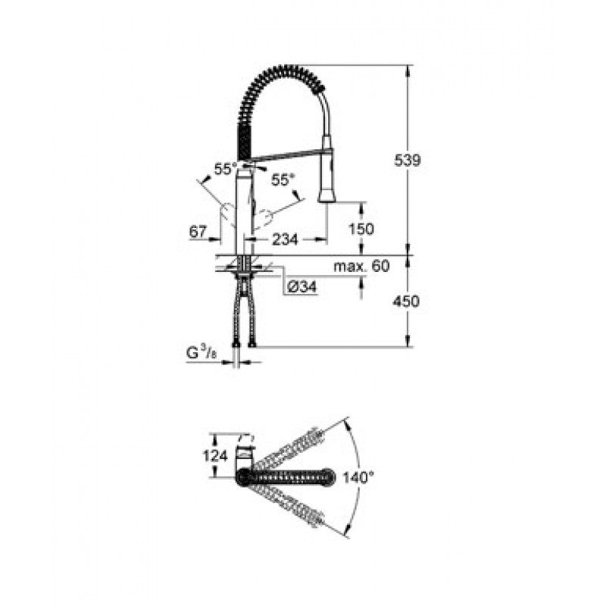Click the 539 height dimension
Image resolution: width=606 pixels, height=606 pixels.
(x=407, y=160)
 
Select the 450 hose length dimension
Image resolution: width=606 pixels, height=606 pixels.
(x=406, y=301)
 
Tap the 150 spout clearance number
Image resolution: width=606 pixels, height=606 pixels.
(x=361, y=230)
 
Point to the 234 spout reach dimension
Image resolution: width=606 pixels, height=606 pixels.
(x=286, y=239)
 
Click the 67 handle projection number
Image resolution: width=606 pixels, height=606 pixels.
(x=198, y=232)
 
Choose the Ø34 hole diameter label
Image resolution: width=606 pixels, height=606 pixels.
(x=302, y=287)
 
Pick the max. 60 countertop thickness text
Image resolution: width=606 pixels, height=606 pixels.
(x=362, y=266)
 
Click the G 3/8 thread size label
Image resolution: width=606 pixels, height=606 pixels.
(x=201, y=353)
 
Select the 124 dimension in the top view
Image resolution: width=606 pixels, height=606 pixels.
(x=215, y=456)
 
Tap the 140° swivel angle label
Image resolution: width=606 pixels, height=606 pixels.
(x=359, y=478)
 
